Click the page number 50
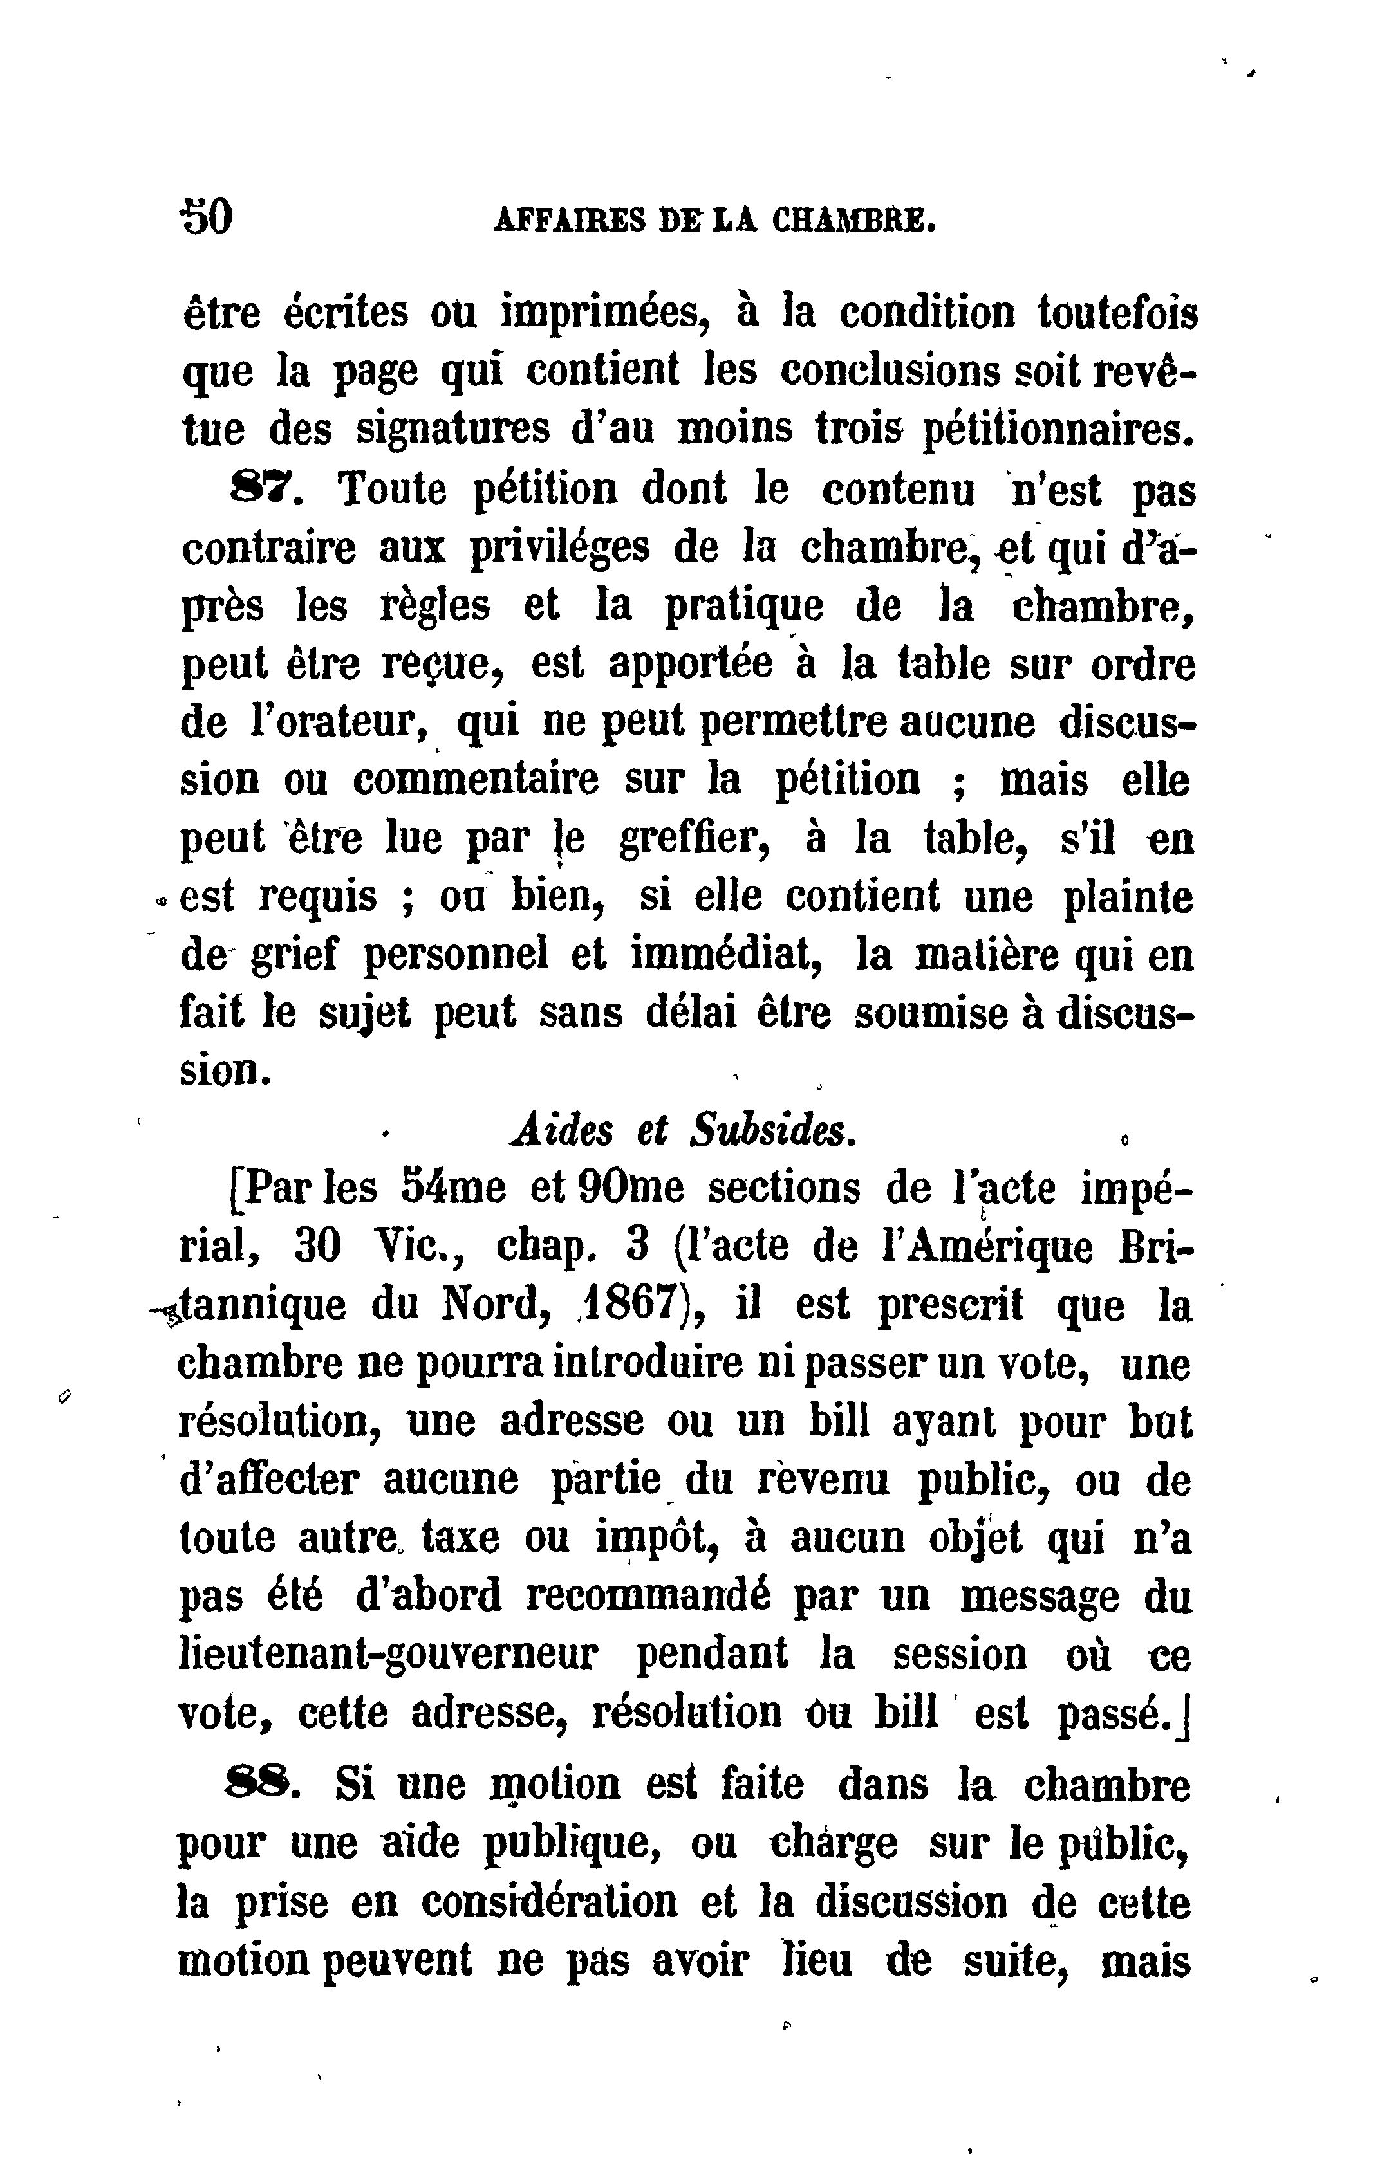(x=207, y=217)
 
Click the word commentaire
(x=475, y=780)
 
